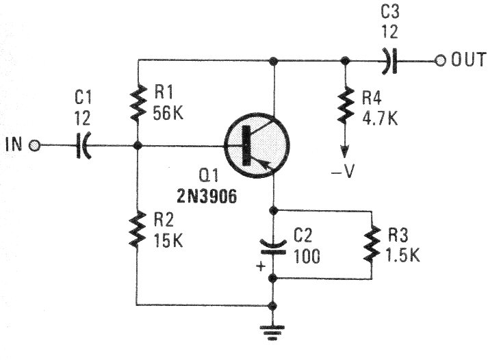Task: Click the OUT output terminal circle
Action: click(x=440, y=61)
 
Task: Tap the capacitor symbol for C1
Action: click(x=83, y=146)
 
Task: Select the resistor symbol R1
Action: click(x=138, y=101)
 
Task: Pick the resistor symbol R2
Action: click(x=138, y=229)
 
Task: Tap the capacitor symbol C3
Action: click(x=389, y=61)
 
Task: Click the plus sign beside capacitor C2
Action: click(x=259, y=266)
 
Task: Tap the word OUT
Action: click(x=469, y=61)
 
